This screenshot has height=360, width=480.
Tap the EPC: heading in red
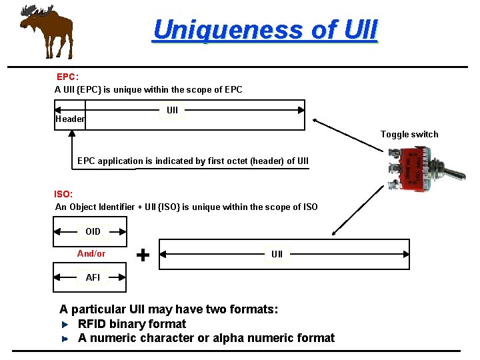(x=67, y=77)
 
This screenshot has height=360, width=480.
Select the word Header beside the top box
(x=70, y=119)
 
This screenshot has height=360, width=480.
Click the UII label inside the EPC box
(x=172, y=110)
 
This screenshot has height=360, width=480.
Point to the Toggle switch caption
(x=409, y=134)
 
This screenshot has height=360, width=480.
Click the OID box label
(x=93, y=231)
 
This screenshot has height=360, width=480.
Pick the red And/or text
(x=91, y=253)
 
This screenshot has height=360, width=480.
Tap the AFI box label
(x=93, y=277)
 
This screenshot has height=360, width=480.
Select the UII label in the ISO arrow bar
(x=277, y=254)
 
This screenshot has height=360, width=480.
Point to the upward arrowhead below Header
(x=71, y=133)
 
